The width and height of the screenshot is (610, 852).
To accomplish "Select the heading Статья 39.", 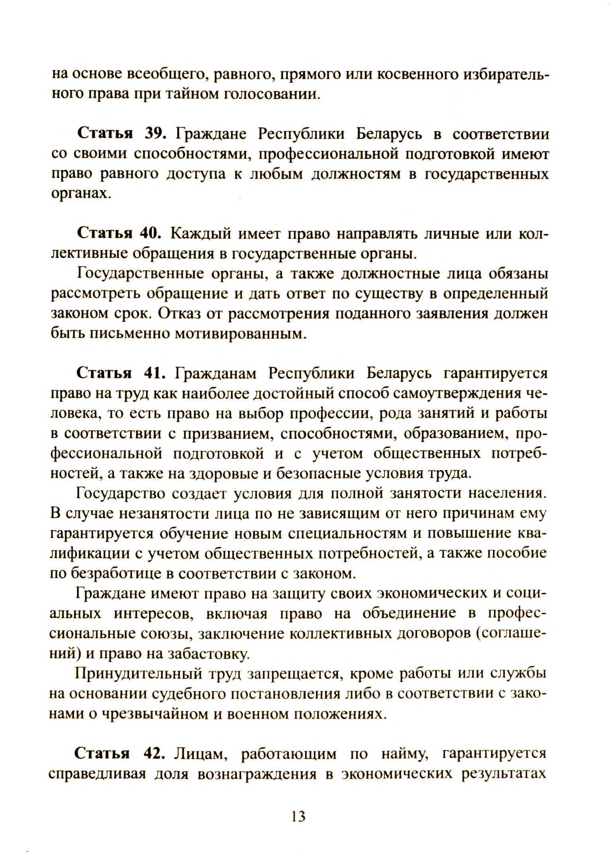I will point(121,133).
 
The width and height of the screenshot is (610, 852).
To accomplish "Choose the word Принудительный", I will point(138,674).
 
